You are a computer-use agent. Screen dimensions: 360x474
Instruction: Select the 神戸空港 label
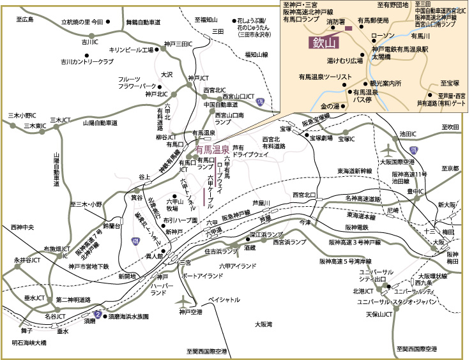click(x=190, y=312)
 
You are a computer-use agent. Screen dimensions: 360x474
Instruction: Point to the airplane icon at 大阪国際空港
click(x=388, y=151)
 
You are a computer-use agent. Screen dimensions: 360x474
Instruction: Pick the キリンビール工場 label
click(x=132, y=49)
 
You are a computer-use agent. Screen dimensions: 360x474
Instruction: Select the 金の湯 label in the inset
click(x=332, y=105)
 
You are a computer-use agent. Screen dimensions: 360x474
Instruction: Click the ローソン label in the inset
click(x=383, y=35)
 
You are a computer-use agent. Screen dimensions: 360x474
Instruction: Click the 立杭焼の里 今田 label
click(x=82, y=22)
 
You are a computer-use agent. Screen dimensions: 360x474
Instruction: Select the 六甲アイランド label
click(x=237, y=266)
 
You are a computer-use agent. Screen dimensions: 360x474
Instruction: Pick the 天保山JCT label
click(x=378, y=315)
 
